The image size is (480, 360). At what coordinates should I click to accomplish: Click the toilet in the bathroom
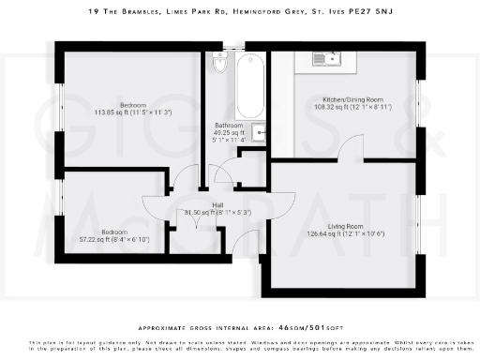click(x=220, y=65)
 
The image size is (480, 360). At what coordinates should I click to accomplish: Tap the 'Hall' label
click(x=217, y=204)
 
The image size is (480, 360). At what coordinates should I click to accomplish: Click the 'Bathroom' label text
click(x=229, y=125)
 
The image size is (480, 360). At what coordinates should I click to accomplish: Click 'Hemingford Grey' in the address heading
click(x=277, y=11)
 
